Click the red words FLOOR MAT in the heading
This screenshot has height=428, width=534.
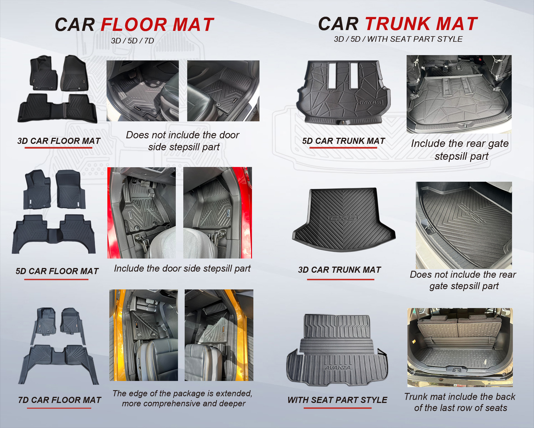[157, 24]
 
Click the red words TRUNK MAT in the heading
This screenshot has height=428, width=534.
[421, 24]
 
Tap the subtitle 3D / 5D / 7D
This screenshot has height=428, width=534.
[132, 41]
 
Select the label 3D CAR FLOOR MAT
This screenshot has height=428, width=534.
[59, 141]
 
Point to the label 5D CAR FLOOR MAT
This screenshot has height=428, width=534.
[57, 271]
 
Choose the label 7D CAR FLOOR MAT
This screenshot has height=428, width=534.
[60, 400]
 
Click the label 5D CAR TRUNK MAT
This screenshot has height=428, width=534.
[343, 141]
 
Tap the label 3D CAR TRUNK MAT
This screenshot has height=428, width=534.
[340, 270]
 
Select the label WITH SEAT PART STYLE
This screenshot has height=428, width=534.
[337, 400]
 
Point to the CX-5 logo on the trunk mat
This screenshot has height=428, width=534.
[342, 218]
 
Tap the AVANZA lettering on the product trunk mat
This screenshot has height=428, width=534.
[338, 367]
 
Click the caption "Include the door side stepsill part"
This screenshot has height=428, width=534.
[182, 269]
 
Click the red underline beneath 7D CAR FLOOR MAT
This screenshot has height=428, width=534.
[59, 408]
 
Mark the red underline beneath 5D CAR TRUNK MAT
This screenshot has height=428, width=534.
[343, 147]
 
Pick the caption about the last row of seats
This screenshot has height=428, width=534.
[460, 402]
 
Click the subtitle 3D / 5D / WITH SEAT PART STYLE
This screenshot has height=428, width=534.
[398, 39]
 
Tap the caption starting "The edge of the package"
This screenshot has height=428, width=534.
[182, 399]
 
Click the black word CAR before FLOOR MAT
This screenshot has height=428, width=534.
[75, 25]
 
